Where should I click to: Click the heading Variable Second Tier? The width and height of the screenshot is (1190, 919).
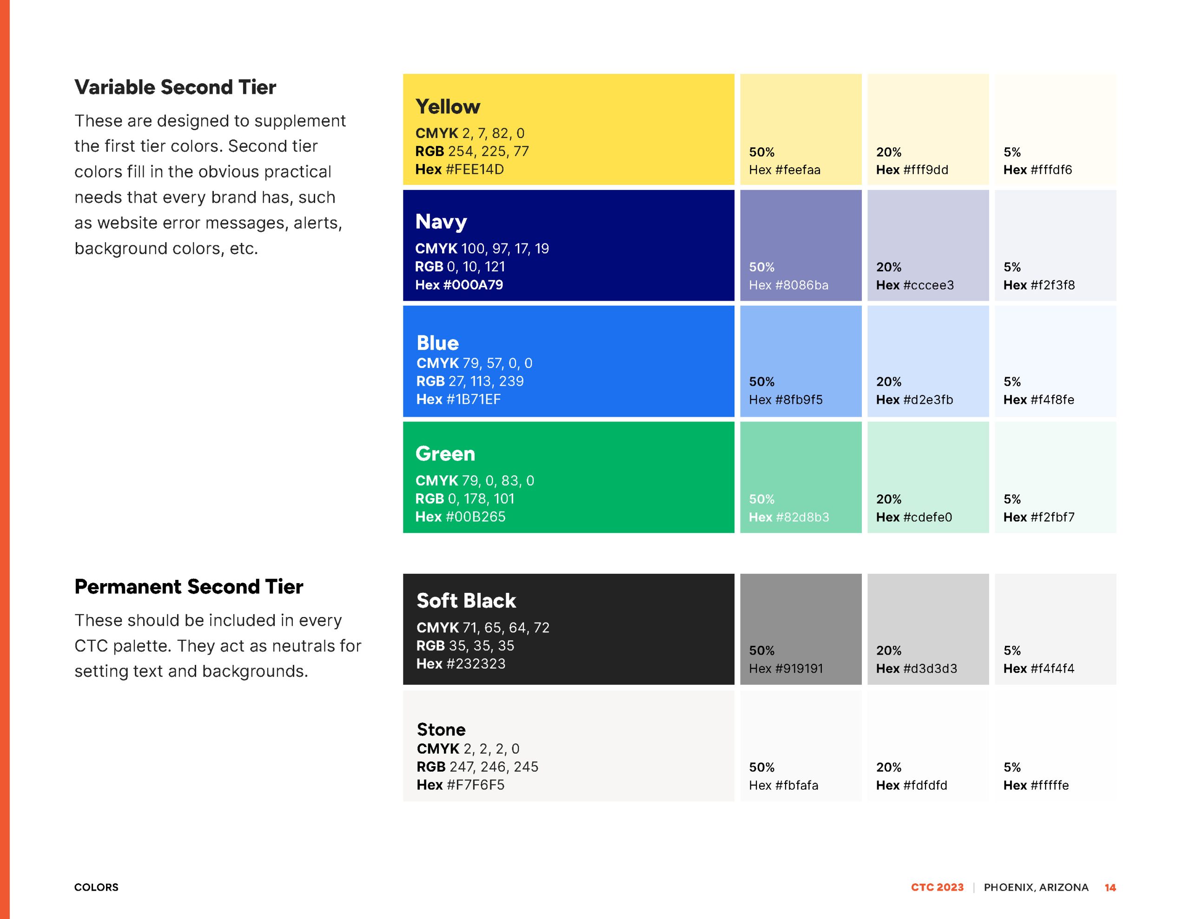pos(175,87)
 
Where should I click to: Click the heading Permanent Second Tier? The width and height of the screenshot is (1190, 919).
pos(189,587)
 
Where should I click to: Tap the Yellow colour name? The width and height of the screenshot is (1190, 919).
pos(448,107)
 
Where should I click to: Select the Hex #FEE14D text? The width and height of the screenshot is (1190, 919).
pos(459,170)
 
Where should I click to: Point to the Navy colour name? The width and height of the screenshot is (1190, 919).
pos(441,222)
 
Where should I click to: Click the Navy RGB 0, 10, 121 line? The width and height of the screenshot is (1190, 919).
pos(460,266)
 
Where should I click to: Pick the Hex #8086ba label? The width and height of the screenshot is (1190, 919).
pos(788,285)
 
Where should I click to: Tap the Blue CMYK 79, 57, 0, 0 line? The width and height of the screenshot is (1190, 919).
pos(474,363)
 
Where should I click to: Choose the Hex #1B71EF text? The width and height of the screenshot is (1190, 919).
pos(458,399)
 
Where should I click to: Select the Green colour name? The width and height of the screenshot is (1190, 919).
pos(445,454)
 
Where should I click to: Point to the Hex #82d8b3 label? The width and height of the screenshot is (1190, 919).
pos(789,517)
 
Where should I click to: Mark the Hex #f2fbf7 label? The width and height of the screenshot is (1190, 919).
pos(1039,517)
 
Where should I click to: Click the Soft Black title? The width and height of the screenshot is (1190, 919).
pos(466,601)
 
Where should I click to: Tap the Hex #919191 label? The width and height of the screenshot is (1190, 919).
pos(786,669)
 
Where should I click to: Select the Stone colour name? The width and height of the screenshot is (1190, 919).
pos(441,729)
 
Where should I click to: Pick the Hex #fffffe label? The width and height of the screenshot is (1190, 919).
pos(1036,785)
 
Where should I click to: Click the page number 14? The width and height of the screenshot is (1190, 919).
pos(1110,887)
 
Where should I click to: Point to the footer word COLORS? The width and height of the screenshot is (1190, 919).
pos(96,887)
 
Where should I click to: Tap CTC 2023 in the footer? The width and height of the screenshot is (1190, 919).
pos(937,887)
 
